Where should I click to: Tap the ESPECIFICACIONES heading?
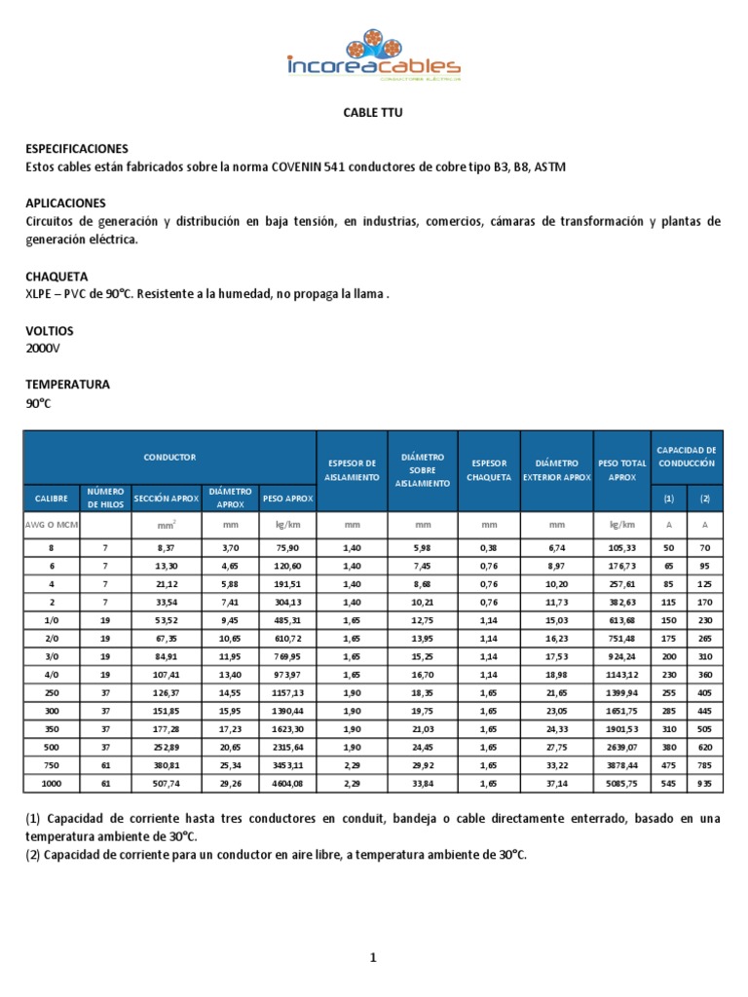point(77,149)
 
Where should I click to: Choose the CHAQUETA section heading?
point(56,277)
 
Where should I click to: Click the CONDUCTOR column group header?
point(170,456)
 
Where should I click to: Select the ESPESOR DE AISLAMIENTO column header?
point(352,470)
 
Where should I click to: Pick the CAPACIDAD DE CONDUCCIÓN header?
point(687,456)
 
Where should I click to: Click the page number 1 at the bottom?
point(372,958)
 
